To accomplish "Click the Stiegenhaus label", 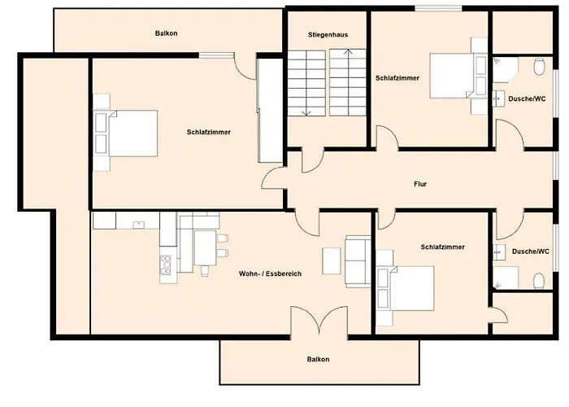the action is [x=328, y=35].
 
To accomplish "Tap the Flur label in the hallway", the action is [x=420, y=184].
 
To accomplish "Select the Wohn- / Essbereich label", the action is [x=270, y=274].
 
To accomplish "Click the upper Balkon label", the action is [x=166, y=33].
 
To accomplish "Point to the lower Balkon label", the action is [x=319, y=360].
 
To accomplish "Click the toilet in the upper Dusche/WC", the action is [x=540, y=68].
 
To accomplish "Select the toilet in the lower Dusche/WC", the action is [x=539, y=281].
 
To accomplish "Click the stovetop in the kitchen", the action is [x=166, y=265].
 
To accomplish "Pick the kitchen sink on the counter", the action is [x=139, y=225].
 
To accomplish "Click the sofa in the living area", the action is [x=358, y=261].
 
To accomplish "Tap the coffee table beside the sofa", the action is [x=332, y=261].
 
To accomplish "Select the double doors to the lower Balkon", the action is [x=319, y=321].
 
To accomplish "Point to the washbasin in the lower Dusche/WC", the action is [x=499, y=252].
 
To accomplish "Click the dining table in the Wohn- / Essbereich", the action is [x=206, y=248].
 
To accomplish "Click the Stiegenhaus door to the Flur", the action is [x=312, y=160].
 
